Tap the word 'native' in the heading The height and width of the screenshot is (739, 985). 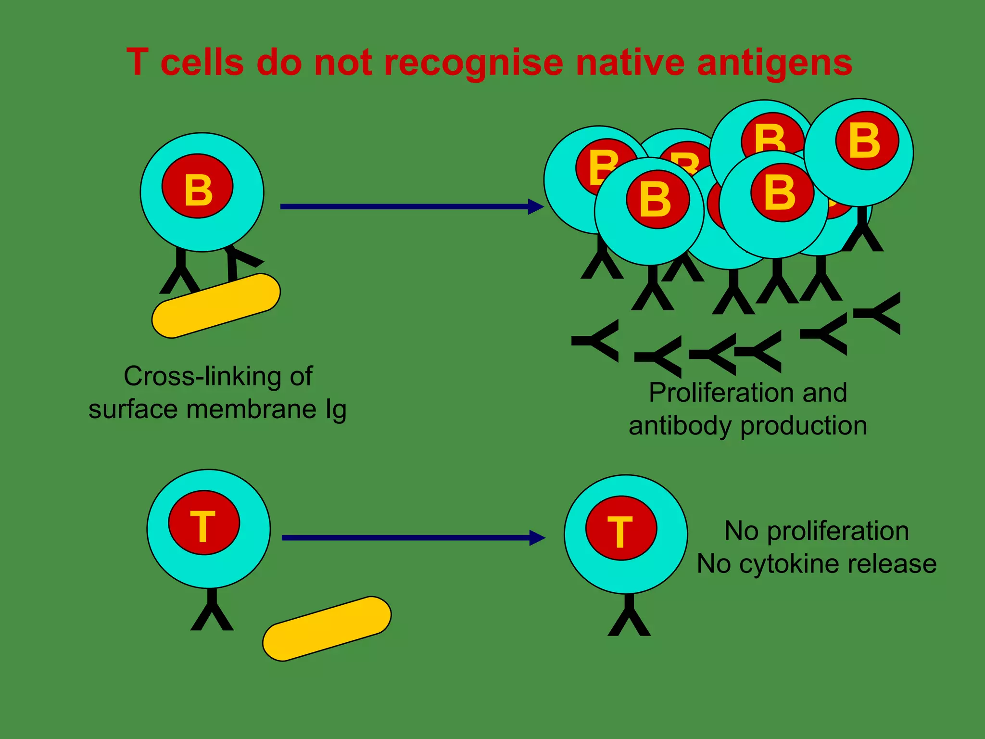click(630, 63)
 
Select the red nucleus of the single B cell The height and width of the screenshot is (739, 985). click(197, 187)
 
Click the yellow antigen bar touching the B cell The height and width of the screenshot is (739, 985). click(216, 306)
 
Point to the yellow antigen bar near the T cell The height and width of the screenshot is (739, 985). click(327, 629)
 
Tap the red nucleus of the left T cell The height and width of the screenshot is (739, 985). click(204, 523)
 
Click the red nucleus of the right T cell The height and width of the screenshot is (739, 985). click(621, 528)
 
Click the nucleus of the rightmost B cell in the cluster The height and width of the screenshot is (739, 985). click(867, 141)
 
